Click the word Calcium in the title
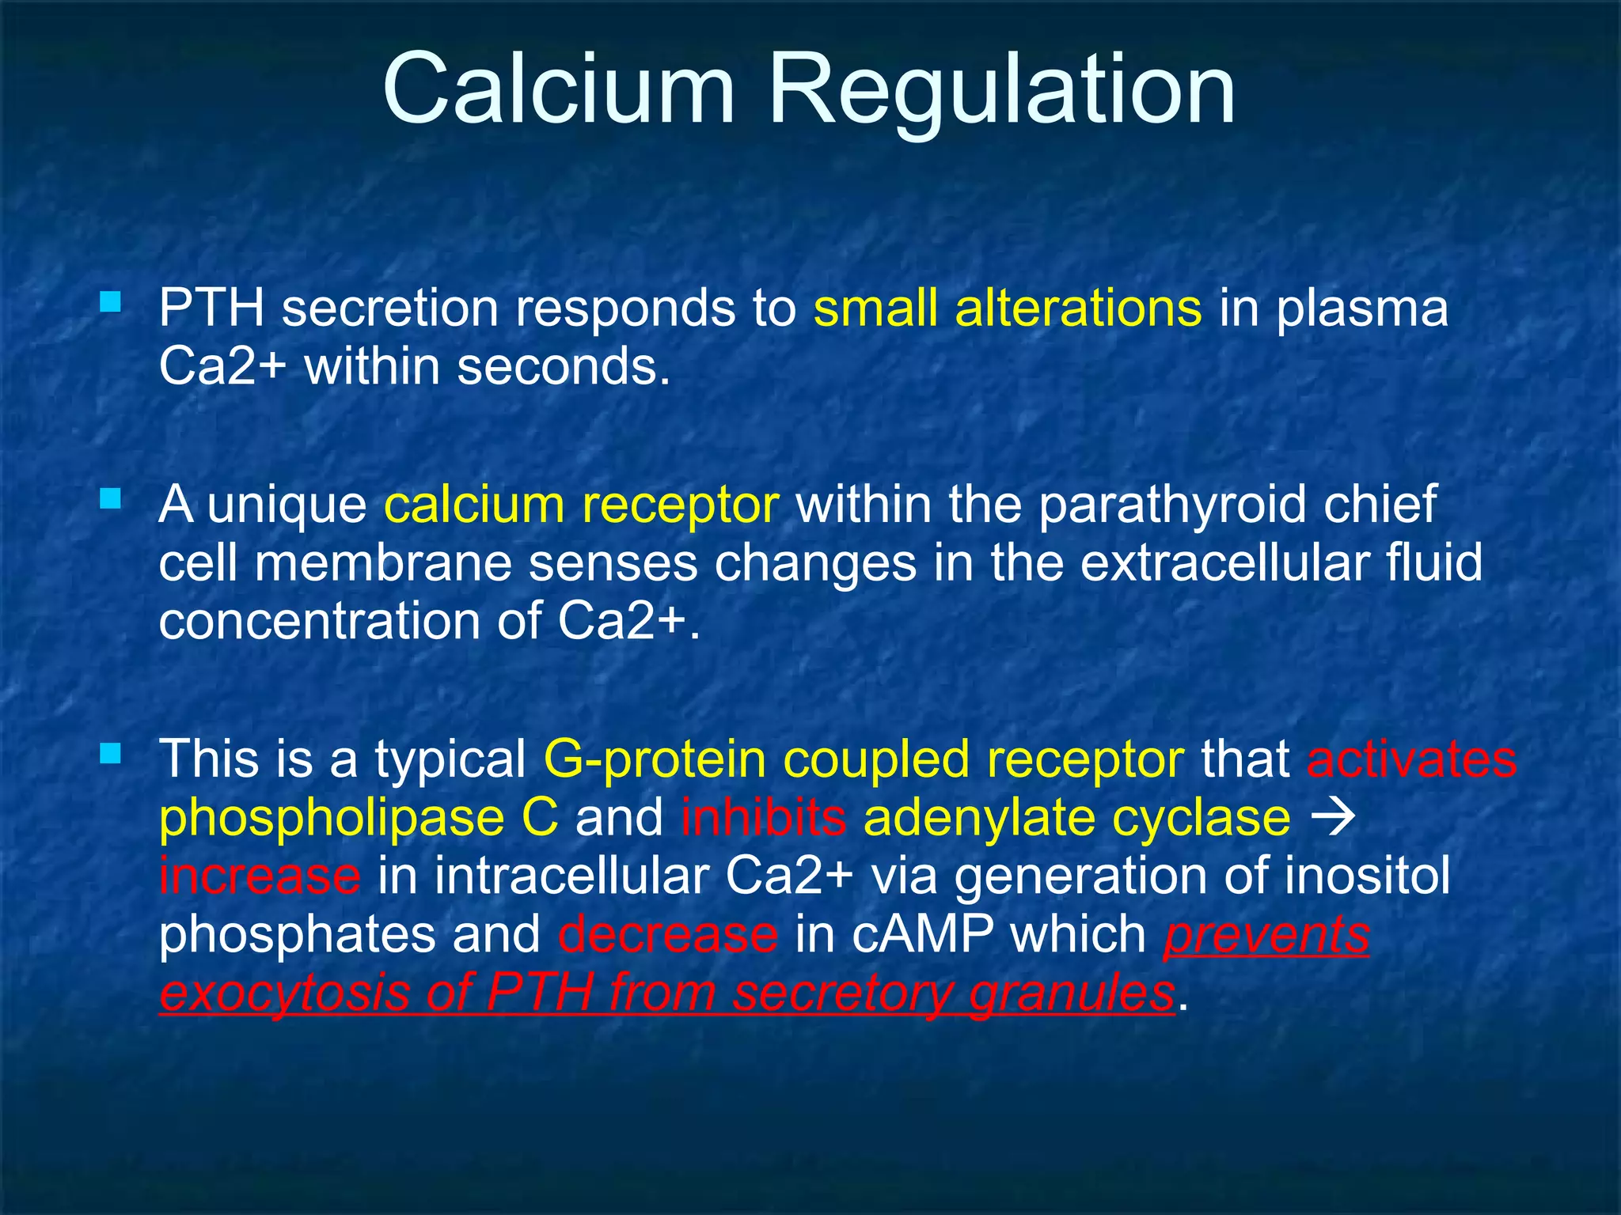558,89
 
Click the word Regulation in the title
1000,89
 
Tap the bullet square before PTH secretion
111,301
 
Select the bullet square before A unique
111,498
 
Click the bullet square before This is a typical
111,752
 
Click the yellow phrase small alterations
1007,308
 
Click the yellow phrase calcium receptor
581,505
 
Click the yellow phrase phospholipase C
359,818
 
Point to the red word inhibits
763,818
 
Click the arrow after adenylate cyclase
1334,818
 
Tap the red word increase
260,876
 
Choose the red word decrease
668,935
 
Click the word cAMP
922,935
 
